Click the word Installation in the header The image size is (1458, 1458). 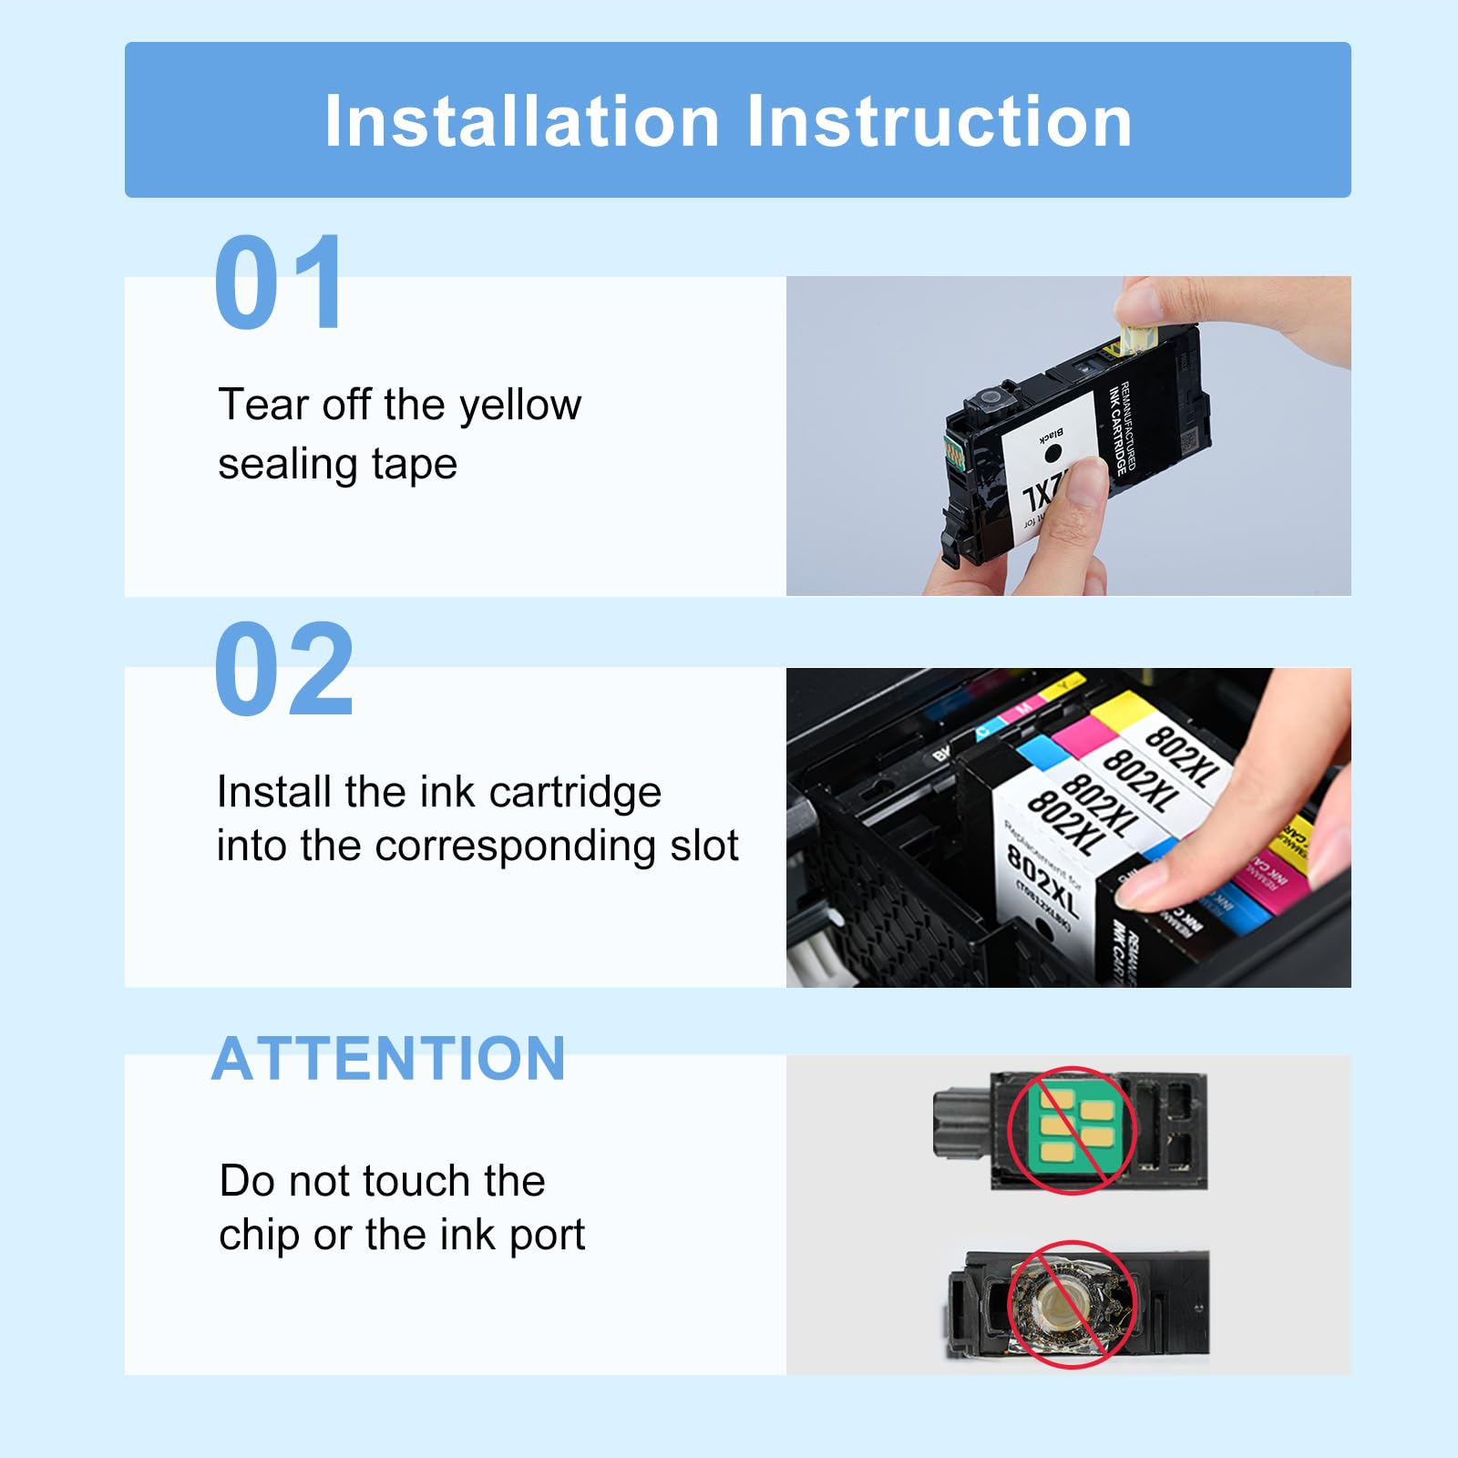tap(522, 121)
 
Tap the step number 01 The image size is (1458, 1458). tap(278, 282)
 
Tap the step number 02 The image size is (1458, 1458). tap(283, 670)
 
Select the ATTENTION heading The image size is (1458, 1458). tap(389, 1059)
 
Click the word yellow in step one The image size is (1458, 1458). tap(520, 406)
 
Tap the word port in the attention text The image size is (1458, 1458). tap(547, 1236)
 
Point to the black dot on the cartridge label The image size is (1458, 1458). tap(1052, 452)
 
